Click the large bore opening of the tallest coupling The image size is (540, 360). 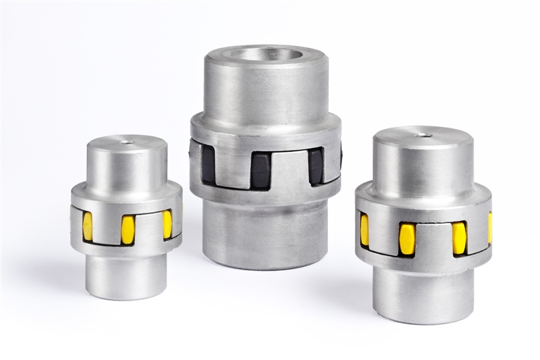(x=265, y=53)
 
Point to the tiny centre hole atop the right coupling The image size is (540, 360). (x=424, y=134)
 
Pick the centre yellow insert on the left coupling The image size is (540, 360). (x=128, y=230)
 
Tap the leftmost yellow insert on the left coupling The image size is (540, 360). (x=88, y=226)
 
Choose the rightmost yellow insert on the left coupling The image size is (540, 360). (x=167, y=224)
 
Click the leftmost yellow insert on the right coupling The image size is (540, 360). (x=364, y=230)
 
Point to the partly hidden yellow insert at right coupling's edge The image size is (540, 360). (x=489, y=228)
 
